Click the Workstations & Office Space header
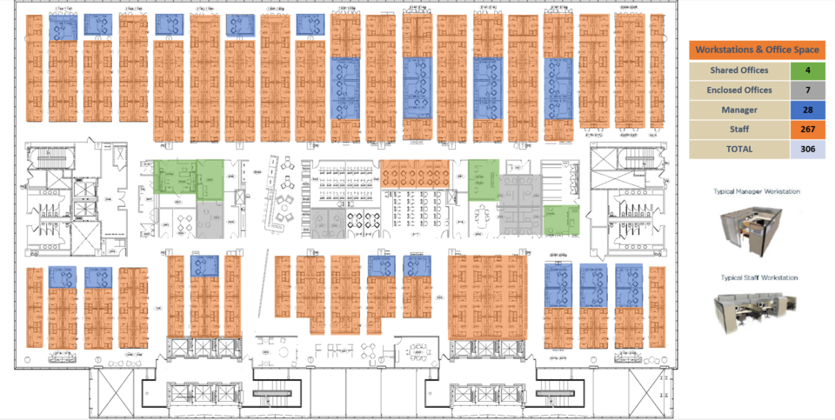coord(757,50)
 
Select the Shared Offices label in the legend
coord(738,70)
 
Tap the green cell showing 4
coord(807,70)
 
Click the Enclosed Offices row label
coord(738,90)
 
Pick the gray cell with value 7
coord(807,90)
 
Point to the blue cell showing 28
coord(807,110)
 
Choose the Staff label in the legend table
coord(738,129)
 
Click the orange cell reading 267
coord(807,129)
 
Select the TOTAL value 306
coord(807,148)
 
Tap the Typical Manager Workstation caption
coord(757,191)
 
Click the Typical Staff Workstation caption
coord(757,278)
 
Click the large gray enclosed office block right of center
coord(520,203)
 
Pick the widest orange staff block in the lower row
coord(487,296)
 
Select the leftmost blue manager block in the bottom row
coord(62,277)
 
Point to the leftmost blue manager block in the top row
coord(62,29)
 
